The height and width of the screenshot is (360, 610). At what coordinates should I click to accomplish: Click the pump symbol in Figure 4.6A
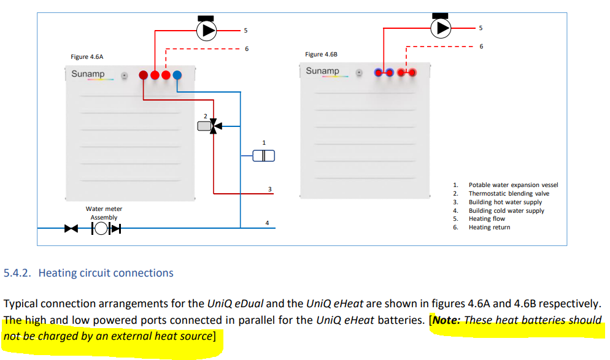coord(206,30)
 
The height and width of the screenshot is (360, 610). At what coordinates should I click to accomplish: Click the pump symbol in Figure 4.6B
coord(441,28)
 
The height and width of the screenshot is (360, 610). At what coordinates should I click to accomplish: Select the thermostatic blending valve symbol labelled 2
coord(210,126)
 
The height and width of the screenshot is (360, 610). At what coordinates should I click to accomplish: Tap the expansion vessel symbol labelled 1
coord(264,156)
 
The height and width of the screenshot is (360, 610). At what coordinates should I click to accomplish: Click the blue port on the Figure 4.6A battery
coord(177,75)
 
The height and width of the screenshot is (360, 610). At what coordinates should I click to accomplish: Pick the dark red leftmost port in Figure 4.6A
coord(143,75)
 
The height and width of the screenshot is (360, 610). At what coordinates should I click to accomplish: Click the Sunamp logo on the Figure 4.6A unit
coord(88,74)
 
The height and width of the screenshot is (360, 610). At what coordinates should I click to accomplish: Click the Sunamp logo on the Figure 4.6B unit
coord(323,71)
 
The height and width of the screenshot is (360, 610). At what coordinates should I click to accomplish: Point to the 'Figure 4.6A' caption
coord(87,57)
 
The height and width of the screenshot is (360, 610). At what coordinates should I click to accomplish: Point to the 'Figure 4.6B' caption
coord(321,55)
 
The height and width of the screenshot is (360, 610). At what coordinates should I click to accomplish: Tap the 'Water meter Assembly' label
coord(104,213)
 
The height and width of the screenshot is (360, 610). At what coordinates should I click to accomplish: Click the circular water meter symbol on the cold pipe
coord(101,228)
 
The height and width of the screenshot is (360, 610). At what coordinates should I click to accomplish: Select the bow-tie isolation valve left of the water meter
coord(71,228)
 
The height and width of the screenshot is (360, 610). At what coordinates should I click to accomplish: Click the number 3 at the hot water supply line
coord(269,190)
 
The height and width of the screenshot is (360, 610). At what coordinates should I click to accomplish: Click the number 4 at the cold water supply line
coord(267,223)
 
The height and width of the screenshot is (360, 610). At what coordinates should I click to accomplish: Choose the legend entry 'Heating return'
coord(489,228)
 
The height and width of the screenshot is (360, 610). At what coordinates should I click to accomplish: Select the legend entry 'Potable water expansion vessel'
coord(513,185)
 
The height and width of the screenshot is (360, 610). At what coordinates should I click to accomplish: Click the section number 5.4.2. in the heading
coord(17,273)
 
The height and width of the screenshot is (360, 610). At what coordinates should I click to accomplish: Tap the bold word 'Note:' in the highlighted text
coord(447,320)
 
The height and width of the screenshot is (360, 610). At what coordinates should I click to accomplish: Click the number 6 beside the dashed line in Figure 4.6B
coord(481,46)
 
